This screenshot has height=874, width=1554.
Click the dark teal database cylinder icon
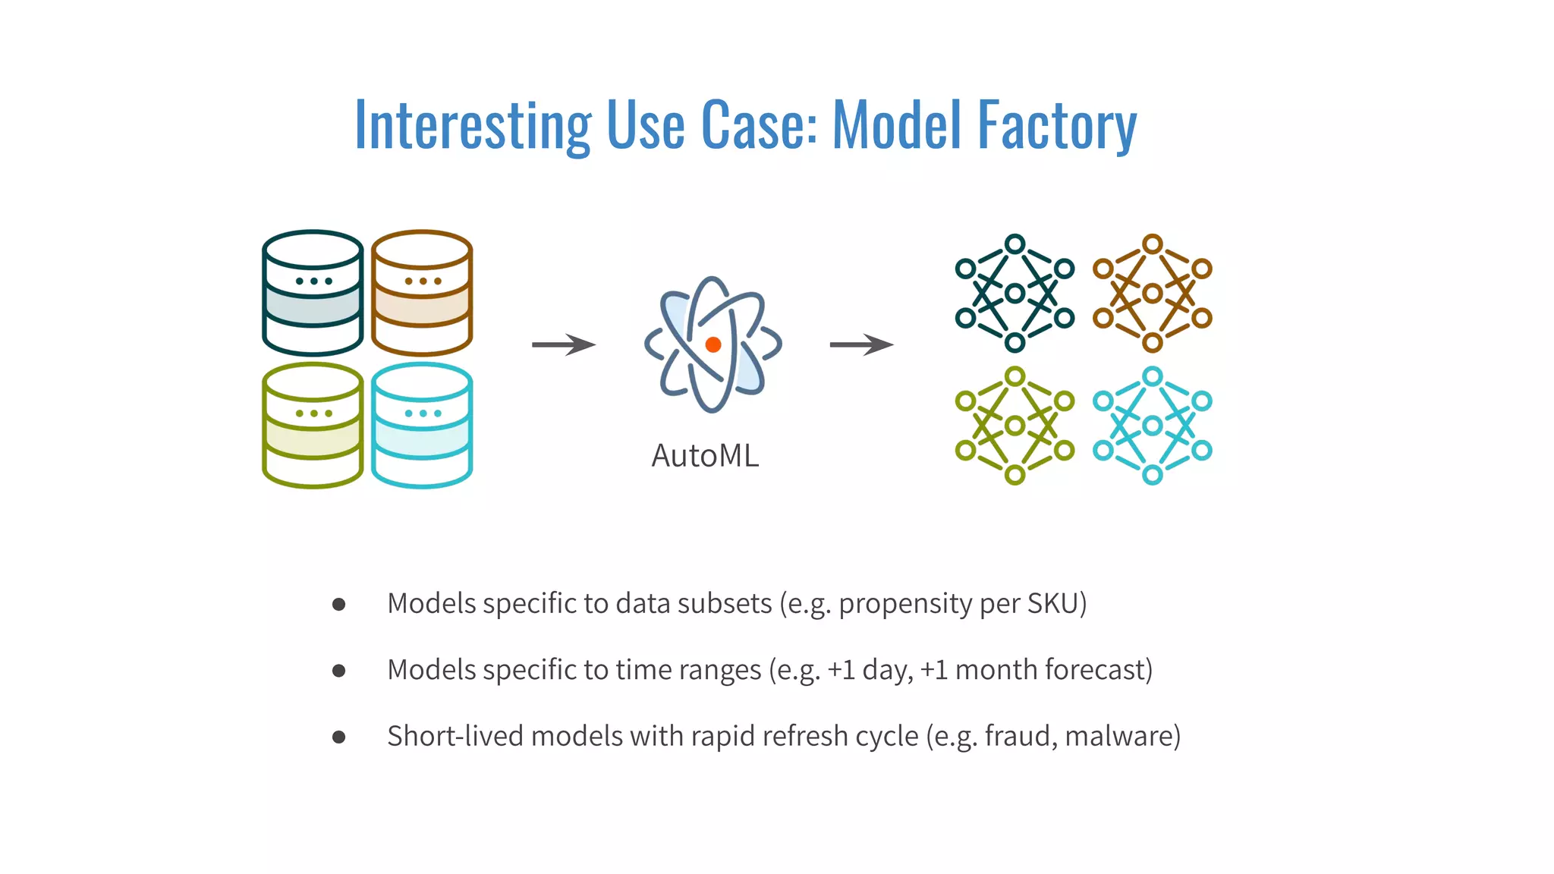tap(313, 293)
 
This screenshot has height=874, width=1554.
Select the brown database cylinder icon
tap(422, 293)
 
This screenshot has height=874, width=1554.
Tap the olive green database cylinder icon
tap(313, 426)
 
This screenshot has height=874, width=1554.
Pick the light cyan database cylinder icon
tap(422, 426)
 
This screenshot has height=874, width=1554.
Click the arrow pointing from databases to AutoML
tap(563, 344)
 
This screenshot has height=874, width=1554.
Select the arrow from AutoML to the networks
tap(861, 344)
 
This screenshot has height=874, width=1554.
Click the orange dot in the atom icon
tap(713, 344)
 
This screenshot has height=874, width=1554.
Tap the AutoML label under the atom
tap(705, 456)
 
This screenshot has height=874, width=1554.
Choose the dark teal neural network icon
tap(1015, 294)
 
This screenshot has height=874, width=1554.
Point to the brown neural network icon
tap(1152, 294)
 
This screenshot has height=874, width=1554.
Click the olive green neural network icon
tap(1015, 426)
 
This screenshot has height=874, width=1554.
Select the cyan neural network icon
tap(1152, 426)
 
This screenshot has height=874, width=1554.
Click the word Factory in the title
tap(1058, 126)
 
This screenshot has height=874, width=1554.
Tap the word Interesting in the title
tap(473, 126)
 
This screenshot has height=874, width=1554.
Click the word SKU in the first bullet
tap(1053, 604)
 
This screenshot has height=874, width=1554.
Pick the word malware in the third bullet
tap(1119, 736)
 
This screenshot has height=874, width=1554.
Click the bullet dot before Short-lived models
tap(339, 737)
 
